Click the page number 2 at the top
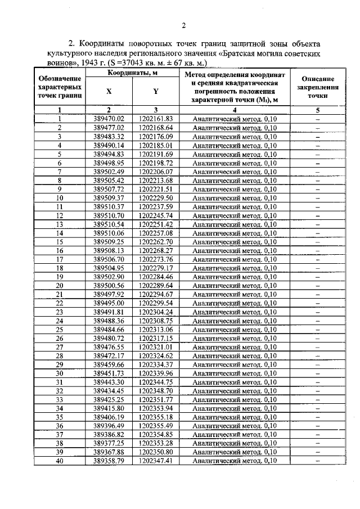coord(183,25)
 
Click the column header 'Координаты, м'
coord(133,73)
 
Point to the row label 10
coord(60,198)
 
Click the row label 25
coord(60,330)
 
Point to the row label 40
coord(60,461)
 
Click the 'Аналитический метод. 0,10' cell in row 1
coord(234,119)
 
